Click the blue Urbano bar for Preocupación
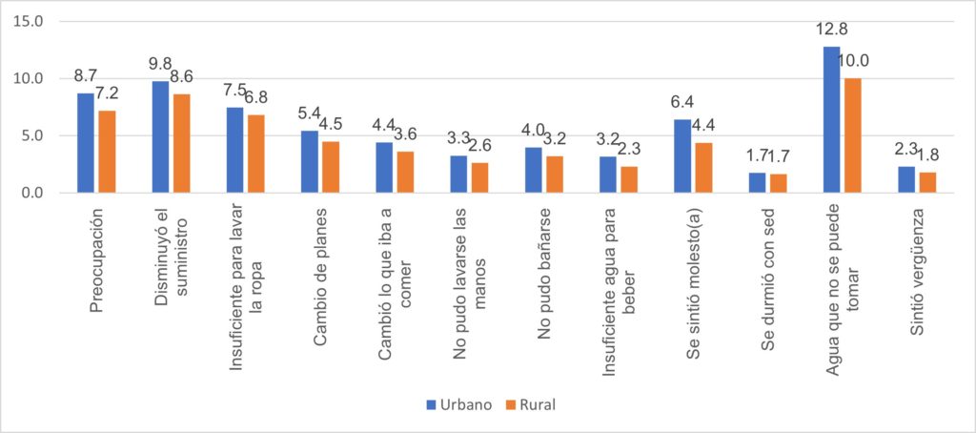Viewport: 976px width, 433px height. (x=86, y=143)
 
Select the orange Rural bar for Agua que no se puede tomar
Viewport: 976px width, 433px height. (x=854, y=135)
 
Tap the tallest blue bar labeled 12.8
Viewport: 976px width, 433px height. (x=832, y=119)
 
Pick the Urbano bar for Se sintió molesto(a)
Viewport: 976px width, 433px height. (x=682, y=156)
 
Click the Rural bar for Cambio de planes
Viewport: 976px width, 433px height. (x=331, y=167)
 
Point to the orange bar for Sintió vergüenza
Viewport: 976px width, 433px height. (x=928, y=182)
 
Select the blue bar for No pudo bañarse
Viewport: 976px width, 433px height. (x=534, y=170)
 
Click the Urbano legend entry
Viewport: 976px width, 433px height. (x=457, y=404)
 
